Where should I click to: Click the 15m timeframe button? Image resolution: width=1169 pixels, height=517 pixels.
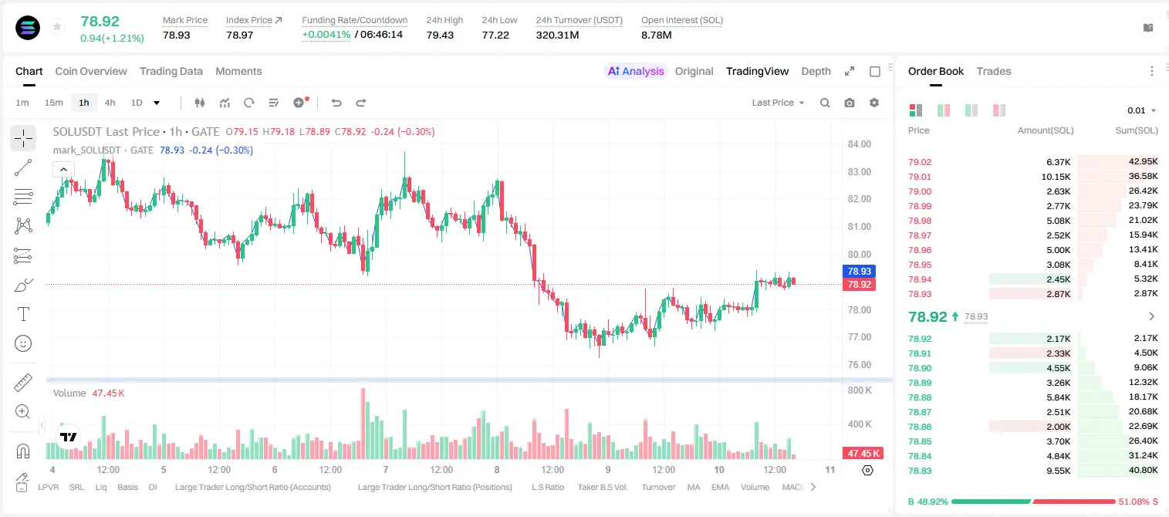tap(53, 103)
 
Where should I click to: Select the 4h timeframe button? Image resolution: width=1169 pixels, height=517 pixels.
tap(110, 103)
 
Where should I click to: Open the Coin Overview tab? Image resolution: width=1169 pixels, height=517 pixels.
tap(91, 71)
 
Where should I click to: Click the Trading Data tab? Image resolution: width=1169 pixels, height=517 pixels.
tap(171, 71)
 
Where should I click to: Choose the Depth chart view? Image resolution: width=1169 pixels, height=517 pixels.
tap(816, 71)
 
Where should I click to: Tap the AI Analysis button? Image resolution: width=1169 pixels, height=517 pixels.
tap(636, 71)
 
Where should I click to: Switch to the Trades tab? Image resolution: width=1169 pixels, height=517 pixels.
tap(994, 71)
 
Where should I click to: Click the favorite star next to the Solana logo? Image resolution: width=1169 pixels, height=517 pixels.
tap(57, 26)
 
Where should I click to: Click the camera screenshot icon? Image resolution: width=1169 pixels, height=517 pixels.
tap(850, 103)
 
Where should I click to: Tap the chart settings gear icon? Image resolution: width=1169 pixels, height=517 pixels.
tap(874, 103)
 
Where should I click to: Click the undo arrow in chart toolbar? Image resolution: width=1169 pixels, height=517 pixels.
tap(336, 103)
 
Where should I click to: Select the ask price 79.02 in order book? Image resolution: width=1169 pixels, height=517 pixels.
tap(920, 162)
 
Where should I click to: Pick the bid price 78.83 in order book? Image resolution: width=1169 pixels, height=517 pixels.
tap(920, 471)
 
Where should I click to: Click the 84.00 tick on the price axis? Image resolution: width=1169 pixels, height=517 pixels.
tap(860, 144)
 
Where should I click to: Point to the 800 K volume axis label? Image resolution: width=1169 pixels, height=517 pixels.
tap(860, 390)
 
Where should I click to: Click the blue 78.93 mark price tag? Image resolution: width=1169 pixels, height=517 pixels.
tap(859, 272)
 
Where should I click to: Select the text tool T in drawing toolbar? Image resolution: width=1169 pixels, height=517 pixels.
tap(23, 314)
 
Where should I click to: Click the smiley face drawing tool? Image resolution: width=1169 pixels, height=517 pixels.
tap(23, 343)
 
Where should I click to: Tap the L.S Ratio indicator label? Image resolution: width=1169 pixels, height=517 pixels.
tap(548, 487)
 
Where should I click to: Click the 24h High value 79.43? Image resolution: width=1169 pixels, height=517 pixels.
tap(440, 35)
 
